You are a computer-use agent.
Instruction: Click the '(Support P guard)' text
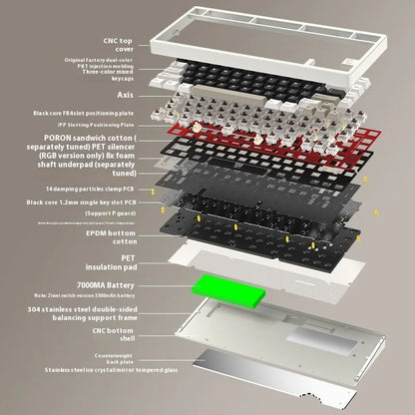113,213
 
